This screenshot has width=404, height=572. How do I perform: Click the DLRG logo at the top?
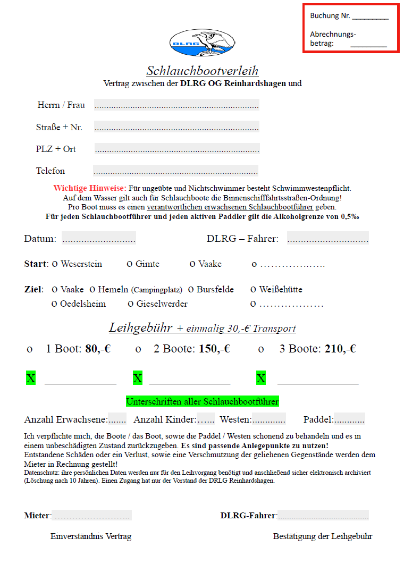click(x=202, y=43)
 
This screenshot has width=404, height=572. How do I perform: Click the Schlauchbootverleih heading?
click(x=202, y=71)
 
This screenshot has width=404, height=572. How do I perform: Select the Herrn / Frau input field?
click(x=176, y=105)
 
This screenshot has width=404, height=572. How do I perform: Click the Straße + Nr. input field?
click(x=176, y=127)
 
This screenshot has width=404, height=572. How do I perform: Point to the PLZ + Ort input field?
click(x=176, y=149)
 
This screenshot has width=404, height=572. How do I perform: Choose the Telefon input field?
click(x=175, y=171)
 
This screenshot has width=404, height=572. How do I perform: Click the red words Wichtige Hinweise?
click(x=90, y=188)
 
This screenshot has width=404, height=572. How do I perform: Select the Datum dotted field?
click(x=98, y=239)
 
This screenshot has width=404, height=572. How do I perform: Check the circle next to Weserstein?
click(x=55, y=264)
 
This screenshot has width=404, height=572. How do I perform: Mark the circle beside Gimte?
click(x=130, y=264)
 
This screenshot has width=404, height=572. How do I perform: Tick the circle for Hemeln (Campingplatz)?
click(x=92, y=290)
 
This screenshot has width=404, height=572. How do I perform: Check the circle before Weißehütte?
click(x=254, y=290)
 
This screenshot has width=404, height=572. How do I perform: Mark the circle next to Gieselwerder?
click(x=131, y=304)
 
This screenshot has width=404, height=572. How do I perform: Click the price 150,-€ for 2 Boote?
click(x=214, y=349)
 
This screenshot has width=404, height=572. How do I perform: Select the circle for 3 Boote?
click(x=261, y=350)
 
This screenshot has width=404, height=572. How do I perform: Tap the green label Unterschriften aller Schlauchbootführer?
click(x=202, y=401)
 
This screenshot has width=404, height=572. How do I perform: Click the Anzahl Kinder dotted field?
click(x=206, y=419)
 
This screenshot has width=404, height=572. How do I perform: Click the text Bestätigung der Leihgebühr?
click(x=323, y=536)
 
